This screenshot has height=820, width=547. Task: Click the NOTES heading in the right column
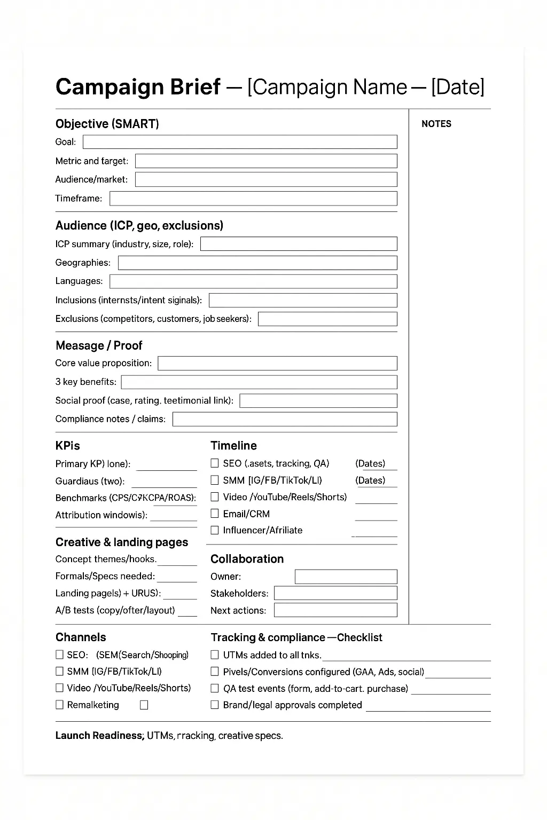click(x=436, y=124)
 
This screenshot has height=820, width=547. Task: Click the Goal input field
click(x=240, y=142)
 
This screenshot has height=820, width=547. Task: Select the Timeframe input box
click(x=253, y=199)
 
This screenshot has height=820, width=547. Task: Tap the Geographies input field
click(x=257, y=263)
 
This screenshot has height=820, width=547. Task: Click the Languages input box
click(x=253, y=281)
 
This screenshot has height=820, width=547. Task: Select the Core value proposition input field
click(x=277, y=364)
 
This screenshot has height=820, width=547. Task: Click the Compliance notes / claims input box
click(x=285, y=419)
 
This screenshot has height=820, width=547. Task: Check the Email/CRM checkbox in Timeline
click(x=215, y=514)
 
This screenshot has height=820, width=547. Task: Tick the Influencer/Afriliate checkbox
click(x=215, y=530)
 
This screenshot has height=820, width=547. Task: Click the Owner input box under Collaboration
click(x=346, y=577)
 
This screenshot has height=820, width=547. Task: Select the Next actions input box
click(x=335, y=610)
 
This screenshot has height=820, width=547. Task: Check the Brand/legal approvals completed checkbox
click(x=215, y=705)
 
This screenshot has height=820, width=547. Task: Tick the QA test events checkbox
click(x=215, y=688)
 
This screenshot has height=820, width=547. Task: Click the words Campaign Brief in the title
click(x=138, y=87)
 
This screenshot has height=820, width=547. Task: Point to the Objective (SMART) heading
click(x=107, y=124)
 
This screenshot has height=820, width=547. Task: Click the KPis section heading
click(x=68, y=446)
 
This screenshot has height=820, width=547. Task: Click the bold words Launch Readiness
click(x=99, y=736)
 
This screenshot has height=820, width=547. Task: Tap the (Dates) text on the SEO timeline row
click(x=370, y=463)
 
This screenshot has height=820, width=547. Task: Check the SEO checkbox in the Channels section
click(x=59, y=655)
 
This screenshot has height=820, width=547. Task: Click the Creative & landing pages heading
click(x=122, y=542)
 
